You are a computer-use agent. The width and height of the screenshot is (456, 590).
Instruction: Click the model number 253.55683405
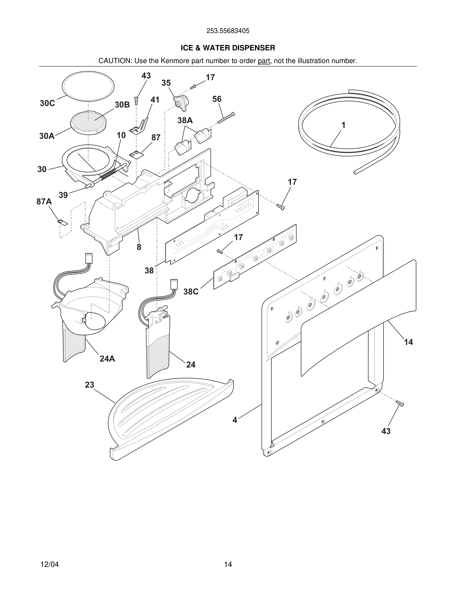click(228, 31)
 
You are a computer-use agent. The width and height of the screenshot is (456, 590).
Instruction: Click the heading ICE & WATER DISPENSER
click(228, 48)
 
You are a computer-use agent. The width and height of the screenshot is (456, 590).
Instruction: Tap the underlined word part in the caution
click(264, 61)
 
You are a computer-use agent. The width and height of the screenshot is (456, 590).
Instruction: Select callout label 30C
click(47, 103)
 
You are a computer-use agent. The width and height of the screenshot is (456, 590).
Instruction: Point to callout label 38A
click(185, 120)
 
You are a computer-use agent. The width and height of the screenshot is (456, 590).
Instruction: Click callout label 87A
click(44, 202)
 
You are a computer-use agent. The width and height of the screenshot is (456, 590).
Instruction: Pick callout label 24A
click(107, 359)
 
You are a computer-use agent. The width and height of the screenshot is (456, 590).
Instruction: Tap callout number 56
click(217, 99)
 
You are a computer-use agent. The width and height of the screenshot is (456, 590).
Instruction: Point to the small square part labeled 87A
click(62, 222)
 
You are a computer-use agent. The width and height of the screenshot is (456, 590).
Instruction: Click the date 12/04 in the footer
click(49, 564)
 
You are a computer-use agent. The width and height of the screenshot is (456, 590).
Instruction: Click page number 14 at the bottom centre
click(228, 564)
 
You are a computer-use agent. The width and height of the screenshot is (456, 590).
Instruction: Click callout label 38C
click(191, 292)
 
